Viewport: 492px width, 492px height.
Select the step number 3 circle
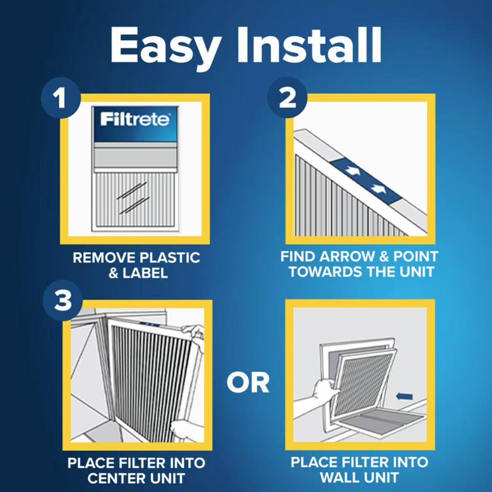pyautogui.click(x=63, y=300)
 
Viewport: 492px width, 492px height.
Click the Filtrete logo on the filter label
pyautogui.click(x=135, y=119)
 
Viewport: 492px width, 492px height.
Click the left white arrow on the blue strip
pyautogui.click(x=352, y=170)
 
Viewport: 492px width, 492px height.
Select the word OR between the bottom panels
pyautogui.click(x=248, y=383)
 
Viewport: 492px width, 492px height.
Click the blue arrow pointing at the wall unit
pyautogui.click(x=404, y=396)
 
